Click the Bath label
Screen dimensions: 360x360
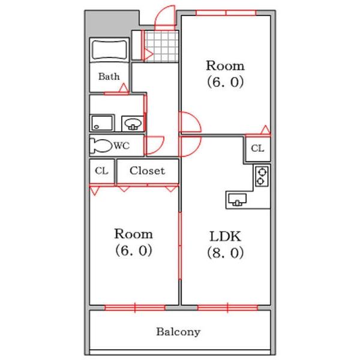[109, 76]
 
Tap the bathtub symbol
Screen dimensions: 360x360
[110, 50]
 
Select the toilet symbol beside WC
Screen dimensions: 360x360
[101, 146]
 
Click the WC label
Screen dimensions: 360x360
[122, 146]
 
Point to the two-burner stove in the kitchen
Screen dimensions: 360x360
[262, 176]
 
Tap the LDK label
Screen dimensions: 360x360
[225, 236]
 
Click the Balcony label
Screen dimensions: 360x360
[178, 332]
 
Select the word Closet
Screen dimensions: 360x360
[147, 170]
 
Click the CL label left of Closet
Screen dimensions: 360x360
[101, 170]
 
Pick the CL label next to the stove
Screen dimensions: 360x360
[257, 148]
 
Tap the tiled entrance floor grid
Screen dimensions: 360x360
[161, 46]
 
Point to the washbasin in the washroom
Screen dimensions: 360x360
[133, 124]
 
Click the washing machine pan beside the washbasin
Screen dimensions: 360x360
[102, 123]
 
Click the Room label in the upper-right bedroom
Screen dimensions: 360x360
[225, 66]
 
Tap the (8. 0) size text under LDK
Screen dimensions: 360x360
[225, 253]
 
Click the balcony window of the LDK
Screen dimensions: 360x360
[227, 308]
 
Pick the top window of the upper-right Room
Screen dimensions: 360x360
[226, 13]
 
